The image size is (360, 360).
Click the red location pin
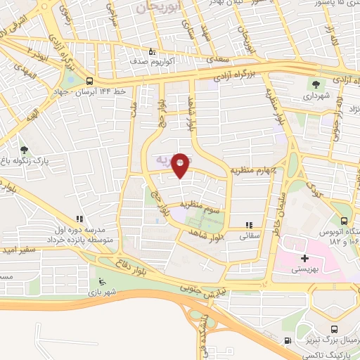tap(181, 165)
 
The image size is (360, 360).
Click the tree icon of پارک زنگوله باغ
tap(25, 150)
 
